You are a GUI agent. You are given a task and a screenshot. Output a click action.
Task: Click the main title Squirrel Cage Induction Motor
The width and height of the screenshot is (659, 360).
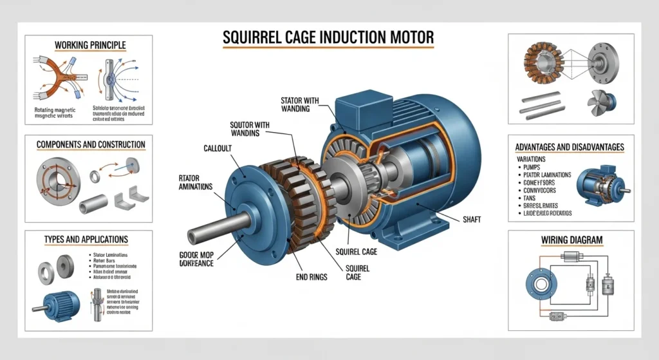point(328,38)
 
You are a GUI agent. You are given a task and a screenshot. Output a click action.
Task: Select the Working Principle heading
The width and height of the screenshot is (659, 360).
point(90,45)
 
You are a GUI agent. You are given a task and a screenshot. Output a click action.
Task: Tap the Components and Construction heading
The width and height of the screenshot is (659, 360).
point(91,144)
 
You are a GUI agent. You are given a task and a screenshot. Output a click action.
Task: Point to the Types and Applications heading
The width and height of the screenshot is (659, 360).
point(86,240)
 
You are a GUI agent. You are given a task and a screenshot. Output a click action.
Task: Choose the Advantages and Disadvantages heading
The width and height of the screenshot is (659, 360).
point(570,147)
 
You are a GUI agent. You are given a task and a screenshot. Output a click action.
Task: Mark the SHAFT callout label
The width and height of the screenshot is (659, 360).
point(472,220)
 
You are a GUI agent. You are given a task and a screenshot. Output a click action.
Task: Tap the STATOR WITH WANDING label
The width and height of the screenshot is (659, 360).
point(304,104)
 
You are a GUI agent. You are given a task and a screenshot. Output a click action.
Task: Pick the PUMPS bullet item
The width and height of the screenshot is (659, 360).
point(529,166)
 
